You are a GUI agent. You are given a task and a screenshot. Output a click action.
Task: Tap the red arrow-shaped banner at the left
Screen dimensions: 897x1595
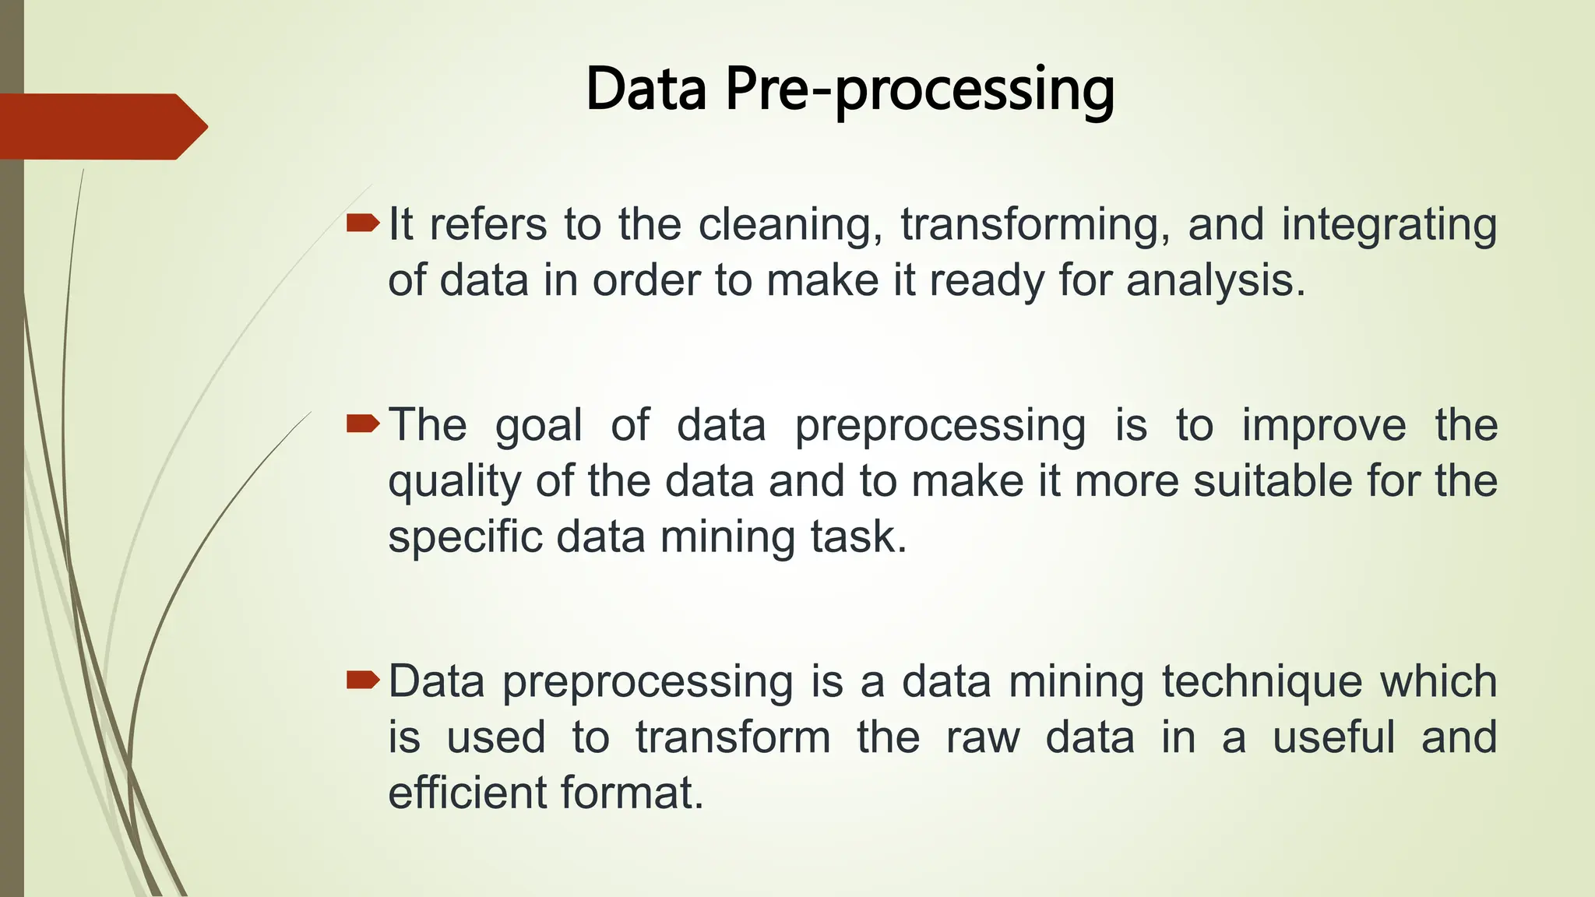click(101, 127)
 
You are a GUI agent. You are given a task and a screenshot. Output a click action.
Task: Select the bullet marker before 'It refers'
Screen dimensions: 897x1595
click(362, 225)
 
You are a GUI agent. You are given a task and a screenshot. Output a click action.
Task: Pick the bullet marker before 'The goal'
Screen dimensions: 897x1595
click(362, 424)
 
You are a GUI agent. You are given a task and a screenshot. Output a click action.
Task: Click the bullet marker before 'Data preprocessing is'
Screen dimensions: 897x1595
click(362, 682)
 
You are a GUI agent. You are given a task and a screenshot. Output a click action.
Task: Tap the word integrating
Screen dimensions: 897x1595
click(1389, 225)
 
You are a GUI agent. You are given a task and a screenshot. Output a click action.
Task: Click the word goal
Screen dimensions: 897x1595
click(538, 426)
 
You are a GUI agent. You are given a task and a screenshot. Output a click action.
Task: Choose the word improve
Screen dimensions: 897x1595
click(1324, 426)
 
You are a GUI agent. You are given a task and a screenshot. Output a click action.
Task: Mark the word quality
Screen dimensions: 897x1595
click(454, 482)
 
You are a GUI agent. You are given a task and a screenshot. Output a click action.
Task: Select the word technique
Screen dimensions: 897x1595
click(1262, 682)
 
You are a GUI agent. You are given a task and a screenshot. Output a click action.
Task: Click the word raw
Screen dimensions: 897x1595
click(983, 737)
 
